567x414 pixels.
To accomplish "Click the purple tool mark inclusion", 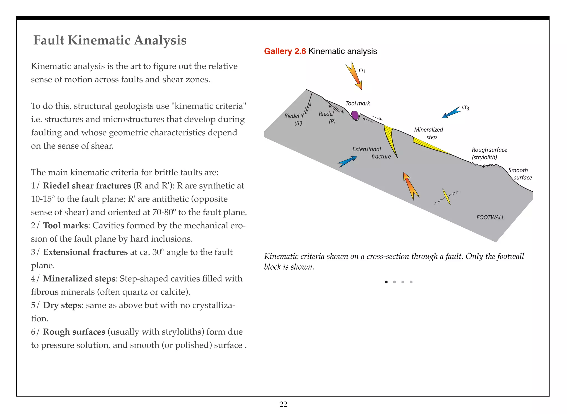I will click(355, 115).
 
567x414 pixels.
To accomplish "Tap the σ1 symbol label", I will click(362, 70).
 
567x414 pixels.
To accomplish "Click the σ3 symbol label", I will click(466, 108).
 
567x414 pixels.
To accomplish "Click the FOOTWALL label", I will click(490, 217).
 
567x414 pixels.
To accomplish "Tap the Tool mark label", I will click(357, 103).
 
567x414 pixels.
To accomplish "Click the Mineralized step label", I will click(429, 133).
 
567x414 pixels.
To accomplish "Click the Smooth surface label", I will click(520, 174).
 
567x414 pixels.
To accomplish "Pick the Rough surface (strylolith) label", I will click(489, 153).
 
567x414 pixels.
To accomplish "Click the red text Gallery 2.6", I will click(285, 51).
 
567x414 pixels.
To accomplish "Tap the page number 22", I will click(283, 404).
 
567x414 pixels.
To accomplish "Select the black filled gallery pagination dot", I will click(386, 282).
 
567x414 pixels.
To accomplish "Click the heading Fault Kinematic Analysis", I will click(110, 40).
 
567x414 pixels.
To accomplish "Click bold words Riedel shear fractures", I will click(87, 185).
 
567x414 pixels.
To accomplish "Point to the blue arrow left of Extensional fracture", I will click(348, 161).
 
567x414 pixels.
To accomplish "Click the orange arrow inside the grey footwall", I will click(411, 185).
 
